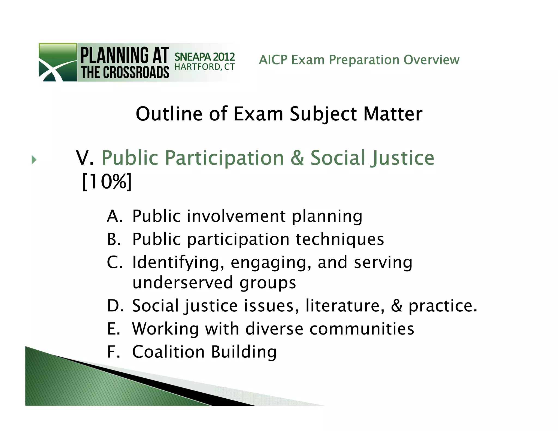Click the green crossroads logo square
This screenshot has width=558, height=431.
(57, 62)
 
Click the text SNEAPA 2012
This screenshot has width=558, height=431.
(204, 57)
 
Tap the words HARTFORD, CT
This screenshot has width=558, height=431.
(204, 67)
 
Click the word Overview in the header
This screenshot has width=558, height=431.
(431, 60)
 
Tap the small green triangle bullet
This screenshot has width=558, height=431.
(34, 160)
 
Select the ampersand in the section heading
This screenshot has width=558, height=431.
(297, 158)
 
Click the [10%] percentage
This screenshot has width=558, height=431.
(107, 182)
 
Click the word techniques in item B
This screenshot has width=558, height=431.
(340, 239)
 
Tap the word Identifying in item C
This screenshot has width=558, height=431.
(176, 262)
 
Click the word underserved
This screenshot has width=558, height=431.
(183, 282)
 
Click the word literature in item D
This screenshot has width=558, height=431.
(342, 305)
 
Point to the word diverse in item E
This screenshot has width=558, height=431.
(274, 329)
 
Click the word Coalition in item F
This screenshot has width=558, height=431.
(168, 351)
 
